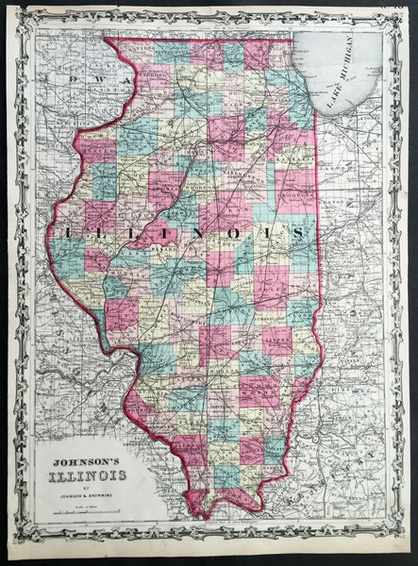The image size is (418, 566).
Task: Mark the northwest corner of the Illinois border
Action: point(105,40)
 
